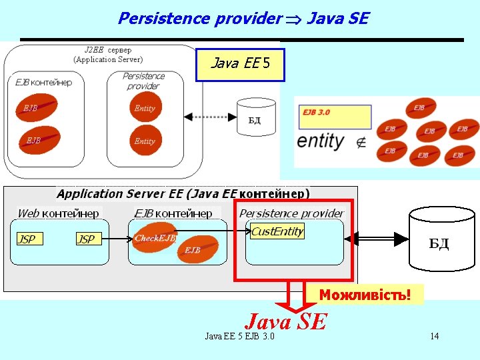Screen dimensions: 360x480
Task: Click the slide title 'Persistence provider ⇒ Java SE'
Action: [x=243, y=18]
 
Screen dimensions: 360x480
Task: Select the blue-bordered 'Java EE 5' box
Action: [x=240, y=65]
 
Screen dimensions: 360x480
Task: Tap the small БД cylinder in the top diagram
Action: [x=254, y=117]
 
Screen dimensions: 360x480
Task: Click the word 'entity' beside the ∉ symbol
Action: [x=321, y=141]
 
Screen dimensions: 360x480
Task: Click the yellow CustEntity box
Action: [x=277, y=232]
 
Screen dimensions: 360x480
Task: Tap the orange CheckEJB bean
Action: [x=155, y=237]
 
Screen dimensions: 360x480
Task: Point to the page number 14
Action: [x=434, y=336]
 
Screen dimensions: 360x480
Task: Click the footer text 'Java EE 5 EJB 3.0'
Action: [x=239, y=336]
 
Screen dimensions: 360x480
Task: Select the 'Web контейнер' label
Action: [x=58, y=213]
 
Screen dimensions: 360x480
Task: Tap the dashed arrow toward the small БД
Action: [x=210, y=117]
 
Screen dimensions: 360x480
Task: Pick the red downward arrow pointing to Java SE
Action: [x=294, y=299]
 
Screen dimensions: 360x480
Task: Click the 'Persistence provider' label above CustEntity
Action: [x=291, y=213]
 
